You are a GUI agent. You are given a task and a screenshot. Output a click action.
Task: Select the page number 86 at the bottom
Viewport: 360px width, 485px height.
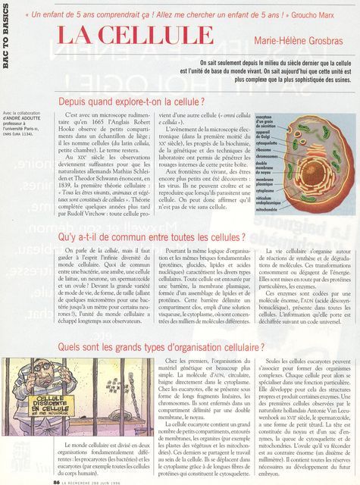pyautogui.click(x=56, y=480)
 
